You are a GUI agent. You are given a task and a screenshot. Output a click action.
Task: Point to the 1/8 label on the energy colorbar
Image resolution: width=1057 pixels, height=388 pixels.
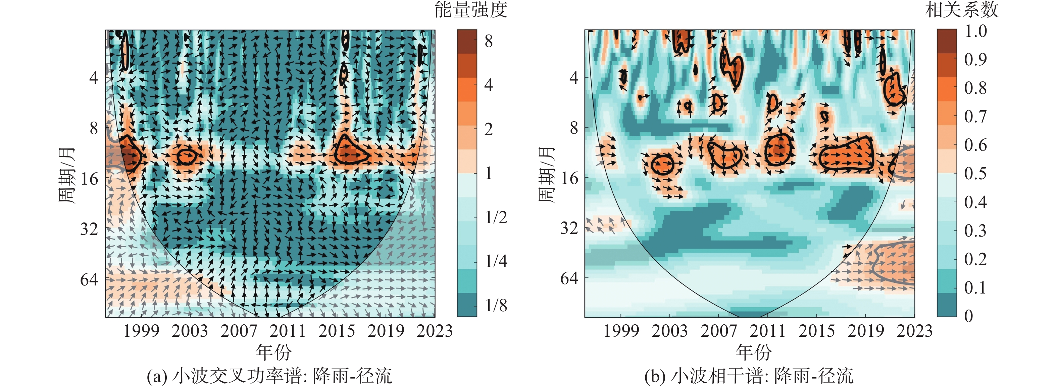pyautogui.click(x=496, y=305)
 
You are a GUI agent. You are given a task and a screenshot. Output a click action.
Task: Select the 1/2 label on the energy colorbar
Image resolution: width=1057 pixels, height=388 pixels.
pyautogui.click(x=496, y=217)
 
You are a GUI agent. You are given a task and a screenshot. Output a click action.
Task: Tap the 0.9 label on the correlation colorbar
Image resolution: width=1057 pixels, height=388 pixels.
pyautogui.click(x=975, y=59)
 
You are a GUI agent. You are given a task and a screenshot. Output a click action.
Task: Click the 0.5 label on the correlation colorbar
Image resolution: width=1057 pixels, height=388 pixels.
pyautogui.click(x=975, y=173)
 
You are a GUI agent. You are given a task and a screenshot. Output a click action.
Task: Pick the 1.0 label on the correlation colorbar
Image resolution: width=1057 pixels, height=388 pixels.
pyautogui.click(x=975, y=31)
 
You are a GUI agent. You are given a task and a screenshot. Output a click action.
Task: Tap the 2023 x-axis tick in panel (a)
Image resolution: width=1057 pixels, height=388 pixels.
pyautogui.click(x=434, y=331)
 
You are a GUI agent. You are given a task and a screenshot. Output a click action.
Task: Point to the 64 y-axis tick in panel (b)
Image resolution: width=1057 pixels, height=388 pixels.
pyautogui.click(x=569, y=279)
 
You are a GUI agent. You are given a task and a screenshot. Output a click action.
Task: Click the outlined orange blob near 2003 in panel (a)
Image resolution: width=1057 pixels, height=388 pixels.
pyautogui.click(x=186, y=156)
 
